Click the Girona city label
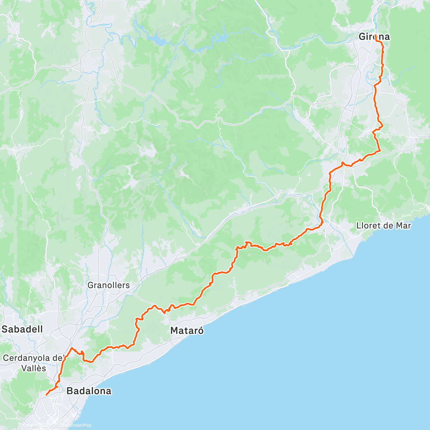(374, 37)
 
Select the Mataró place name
(187, 330)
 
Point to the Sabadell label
(22, 329)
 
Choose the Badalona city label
(89, 391)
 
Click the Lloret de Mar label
(384, 226)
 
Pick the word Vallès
(34, 368)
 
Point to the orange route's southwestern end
(47, 395)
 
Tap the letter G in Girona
(362, 37)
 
